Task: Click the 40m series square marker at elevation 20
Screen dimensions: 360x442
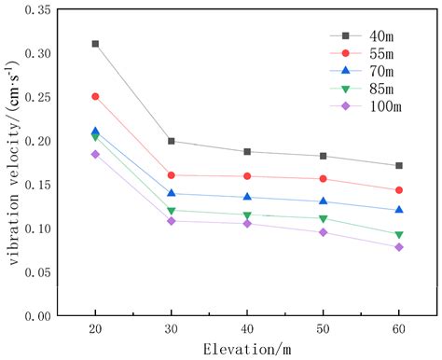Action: tap(95, 44)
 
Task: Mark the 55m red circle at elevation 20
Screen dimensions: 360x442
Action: tap(95, 96)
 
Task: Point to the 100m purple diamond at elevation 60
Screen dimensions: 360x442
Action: tap(399, 247)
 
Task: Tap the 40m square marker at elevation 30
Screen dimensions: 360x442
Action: tap(172, 141)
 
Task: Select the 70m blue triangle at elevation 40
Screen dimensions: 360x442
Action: tap(247, 197)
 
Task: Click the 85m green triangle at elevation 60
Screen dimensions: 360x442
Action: tap(399, 235)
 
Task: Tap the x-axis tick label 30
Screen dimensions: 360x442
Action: tap(172, 332)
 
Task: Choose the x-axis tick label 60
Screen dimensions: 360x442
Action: tap(399, 332)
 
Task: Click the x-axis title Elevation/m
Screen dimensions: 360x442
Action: tap(247, 351)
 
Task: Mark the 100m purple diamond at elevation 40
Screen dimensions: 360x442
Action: tap(247, 224)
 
